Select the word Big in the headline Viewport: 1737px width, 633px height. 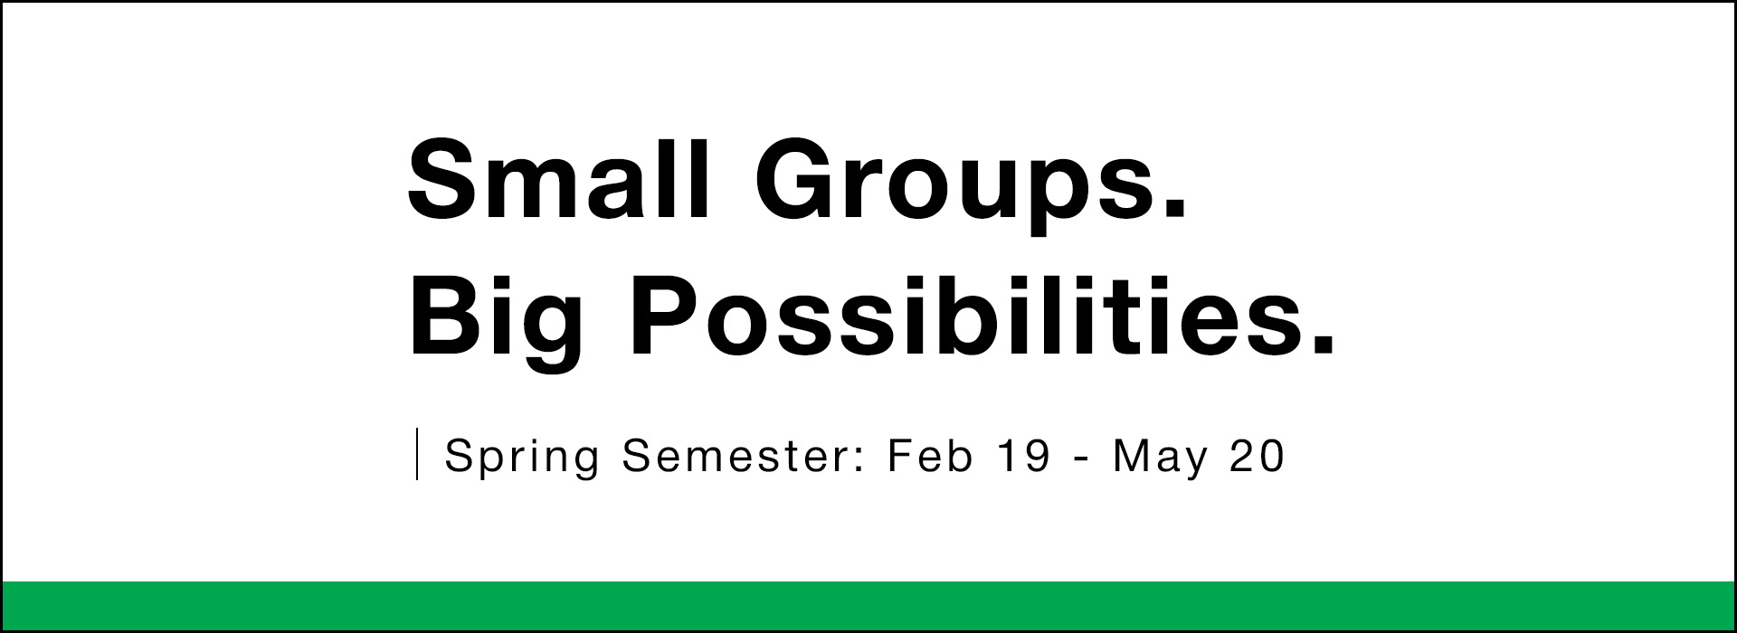(496, 322)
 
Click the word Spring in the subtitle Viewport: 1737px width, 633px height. (522, 458)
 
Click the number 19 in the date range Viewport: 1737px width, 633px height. (1024, 455)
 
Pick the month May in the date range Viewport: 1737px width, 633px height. (1160, 458)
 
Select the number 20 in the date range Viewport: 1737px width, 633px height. (1257, 455)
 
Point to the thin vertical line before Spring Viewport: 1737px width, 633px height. (417, 454)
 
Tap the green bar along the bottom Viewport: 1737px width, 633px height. (868, 606)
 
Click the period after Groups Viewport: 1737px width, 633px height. (1171, 210)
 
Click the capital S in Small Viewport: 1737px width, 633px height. (442, 178)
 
